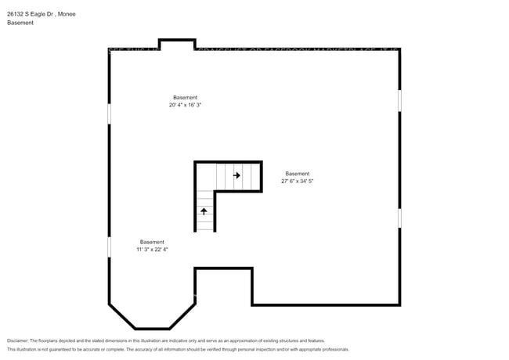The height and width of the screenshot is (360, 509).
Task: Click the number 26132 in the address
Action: (16, 14)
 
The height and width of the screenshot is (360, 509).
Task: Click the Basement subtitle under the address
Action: (20, 23)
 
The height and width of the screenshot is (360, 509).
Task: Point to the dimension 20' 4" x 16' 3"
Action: (191, 105)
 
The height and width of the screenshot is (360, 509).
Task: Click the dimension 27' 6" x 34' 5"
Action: (297, 181)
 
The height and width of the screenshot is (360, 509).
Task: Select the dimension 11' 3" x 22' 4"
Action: (152, 250)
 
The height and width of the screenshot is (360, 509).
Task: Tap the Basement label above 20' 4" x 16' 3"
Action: (186, 98)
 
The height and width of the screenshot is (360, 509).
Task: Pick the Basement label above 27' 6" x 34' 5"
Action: (297, 174)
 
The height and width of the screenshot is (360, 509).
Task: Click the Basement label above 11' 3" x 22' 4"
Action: (152, 242)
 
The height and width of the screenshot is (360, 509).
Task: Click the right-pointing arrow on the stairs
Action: (236, 176)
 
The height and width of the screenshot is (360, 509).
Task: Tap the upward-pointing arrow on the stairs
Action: (204, 211)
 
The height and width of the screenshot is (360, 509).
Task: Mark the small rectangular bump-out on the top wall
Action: (176, 42)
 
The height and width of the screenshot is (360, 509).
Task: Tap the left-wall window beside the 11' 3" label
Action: (109, 247)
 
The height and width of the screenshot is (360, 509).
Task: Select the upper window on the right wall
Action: (400, 100)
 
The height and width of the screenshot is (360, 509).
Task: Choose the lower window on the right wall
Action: (400, 217)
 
